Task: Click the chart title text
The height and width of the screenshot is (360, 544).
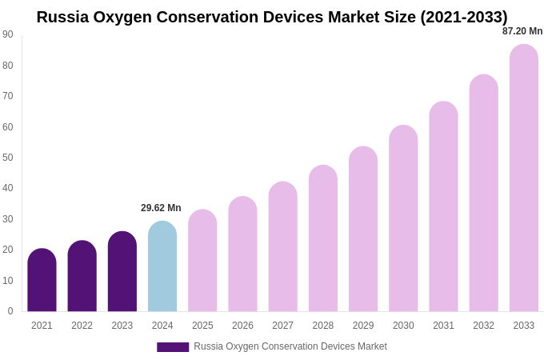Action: pyautogui.click(x=272, y=17)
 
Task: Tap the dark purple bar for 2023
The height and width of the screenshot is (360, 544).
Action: pyautogui.click(x=122, y=272)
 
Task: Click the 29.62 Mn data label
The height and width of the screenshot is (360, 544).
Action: pyautogui.click(x=161, y=208)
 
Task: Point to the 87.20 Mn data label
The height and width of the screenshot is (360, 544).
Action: pyautogui.click(x=522, y=31)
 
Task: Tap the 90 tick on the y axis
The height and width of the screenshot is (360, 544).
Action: pyautogui.click(x=8, y=34)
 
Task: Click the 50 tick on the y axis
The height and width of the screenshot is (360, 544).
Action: pyautogui.click(x=8, y=158)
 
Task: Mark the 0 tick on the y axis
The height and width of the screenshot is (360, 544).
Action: pyautogui.click(x=10, y=311)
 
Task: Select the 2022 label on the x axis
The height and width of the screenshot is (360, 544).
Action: pyautogui.click(x=82, y=326)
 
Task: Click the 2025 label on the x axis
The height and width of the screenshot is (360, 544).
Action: pyautogui.click(x=202, y=326)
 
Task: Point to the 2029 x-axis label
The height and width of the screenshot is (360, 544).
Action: pyautogui.click(x=363, y=326)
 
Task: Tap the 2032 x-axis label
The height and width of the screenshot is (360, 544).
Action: pyautogui.click(x=483, y=326)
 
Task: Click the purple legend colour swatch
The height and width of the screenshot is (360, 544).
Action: pyautogui.click(x=173, y=347)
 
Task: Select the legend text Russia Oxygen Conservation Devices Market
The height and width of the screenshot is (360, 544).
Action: pyautogui.click(x=290, y=346)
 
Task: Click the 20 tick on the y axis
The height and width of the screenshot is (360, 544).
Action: pyautogui.click(x=8, y=250)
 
